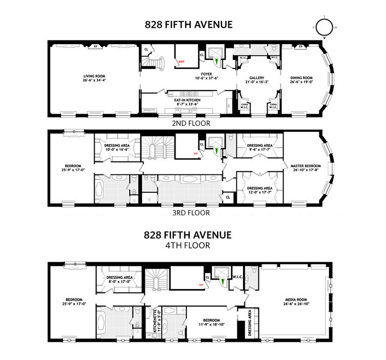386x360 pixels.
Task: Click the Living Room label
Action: (x=95, y=77)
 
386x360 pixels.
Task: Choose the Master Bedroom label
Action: (x=305, y=168)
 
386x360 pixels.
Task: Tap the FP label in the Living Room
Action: (x=95, y=47)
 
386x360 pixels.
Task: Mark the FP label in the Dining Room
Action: (x=301, y=47)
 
